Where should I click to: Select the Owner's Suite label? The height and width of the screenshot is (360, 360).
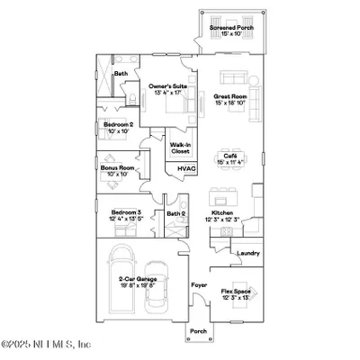point(168,86)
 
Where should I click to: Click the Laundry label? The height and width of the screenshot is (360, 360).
point(248,253)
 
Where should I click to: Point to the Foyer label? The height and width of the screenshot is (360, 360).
point(198,286)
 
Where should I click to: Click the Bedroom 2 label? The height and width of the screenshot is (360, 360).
point(118,124)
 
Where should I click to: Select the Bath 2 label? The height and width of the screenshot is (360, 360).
point(176,214)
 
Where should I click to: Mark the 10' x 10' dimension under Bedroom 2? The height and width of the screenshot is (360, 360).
point(118,131)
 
